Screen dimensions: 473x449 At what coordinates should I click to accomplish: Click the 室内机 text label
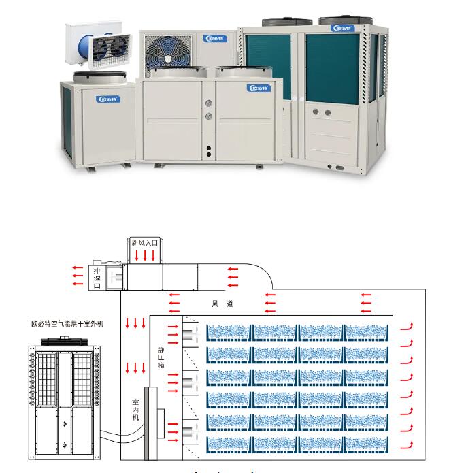click(136, 411)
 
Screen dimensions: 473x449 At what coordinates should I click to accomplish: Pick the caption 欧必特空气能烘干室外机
click(67, 325)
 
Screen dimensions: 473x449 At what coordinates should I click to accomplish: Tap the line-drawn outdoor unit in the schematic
click(64, 402)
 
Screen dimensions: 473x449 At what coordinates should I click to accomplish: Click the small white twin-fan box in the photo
click(96, 46)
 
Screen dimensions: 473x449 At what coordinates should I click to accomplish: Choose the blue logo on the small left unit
click(108, 97)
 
